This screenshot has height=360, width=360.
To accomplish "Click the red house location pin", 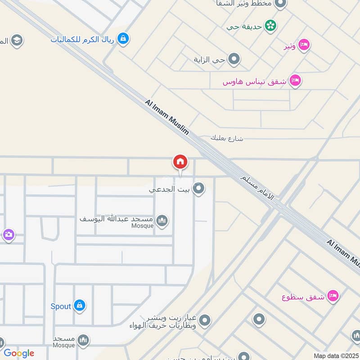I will [x=180, y=162].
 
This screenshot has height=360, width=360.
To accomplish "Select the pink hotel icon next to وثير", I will [x=304, y=45].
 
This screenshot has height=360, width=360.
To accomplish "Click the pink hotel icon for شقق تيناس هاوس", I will [x=295, y=81].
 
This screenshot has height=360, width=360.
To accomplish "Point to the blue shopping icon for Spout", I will [x=80, y=306].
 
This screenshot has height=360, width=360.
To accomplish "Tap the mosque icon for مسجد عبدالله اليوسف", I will [x=162, y=220].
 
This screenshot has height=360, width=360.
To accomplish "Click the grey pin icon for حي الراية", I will [x=234, y=59].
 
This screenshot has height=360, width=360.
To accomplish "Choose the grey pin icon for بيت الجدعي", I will [x=198, y=189].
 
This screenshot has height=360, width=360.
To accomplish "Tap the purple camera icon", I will [x=8, y=234].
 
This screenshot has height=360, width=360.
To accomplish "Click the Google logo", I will [x=18, y=353].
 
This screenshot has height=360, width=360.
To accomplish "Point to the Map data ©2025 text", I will [x=335, y=355].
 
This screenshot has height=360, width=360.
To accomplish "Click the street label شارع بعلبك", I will [x=227, y=138].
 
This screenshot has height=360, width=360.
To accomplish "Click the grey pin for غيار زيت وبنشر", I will [x=205, y=320].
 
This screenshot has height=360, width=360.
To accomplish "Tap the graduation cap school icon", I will [x=17, y=40].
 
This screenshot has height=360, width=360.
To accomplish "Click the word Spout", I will [x=61, y=306].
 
